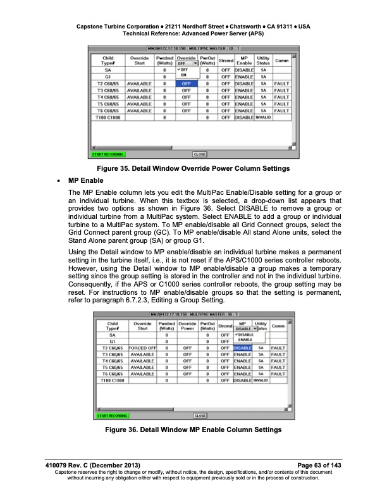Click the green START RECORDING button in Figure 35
109,154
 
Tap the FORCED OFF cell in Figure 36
142,348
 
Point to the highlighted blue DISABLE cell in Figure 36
243,348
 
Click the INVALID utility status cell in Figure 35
263,118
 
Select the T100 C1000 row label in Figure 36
109,380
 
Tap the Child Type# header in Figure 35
109,60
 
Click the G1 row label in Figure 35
109,76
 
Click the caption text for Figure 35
193,168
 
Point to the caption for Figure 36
193,431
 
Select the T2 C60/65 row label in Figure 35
109,83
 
